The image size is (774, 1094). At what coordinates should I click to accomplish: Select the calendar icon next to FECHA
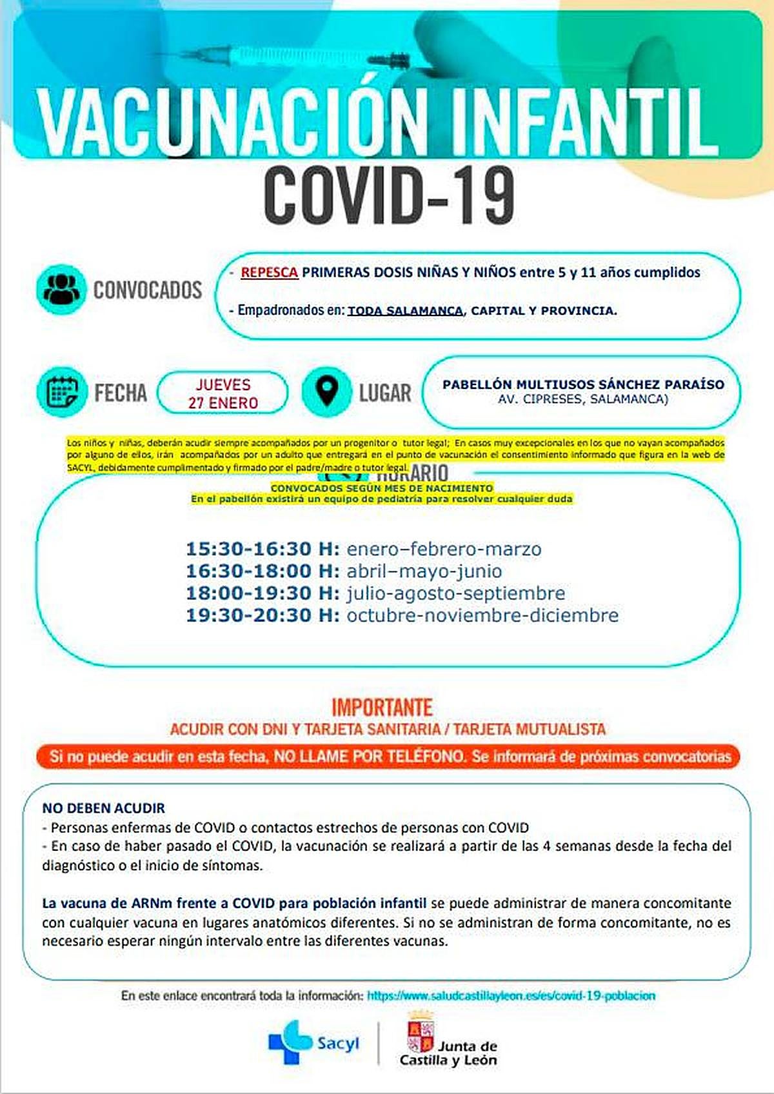61,392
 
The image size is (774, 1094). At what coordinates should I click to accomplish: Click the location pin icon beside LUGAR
327,392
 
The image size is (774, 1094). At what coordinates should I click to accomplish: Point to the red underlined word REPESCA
269,273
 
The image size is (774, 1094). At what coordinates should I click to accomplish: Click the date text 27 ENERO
223,403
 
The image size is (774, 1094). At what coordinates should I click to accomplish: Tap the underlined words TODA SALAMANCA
405,311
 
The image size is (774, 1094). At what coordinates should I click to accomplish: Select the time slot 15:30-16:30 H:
263,549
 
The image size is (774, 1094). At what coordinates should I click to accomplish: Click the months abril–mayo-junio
424,572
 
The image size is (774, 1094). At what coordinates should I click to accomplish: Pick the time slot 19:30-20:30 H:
263,615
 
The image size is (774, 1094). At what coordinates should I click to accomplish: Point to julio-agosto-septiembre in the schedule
455,593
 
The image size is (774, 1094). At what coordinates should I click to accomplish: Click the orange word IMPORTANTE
382,708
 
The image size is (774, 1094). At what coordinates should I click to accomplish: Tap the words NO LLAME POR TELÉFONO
369,757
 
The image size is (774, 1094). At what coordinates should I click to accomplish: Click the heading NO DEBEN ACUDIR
104,808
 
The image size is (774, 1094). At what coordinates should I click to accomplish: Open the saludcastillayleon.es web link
511,996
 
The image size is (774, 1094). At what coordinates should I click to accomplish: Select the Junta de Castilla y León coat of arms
421,1032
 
